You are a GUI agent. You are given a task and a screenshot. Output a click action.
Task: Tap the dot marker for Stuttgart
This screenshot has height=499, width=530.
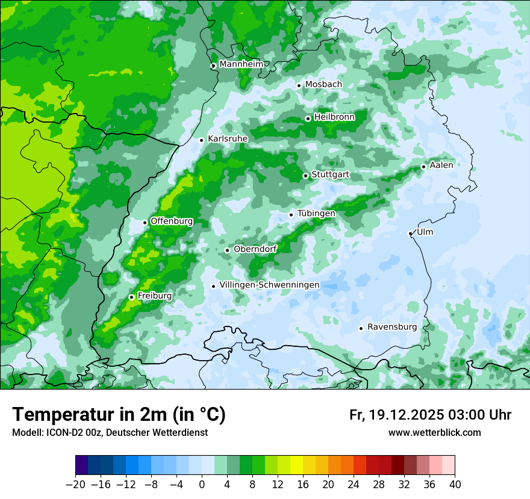coord(305,176)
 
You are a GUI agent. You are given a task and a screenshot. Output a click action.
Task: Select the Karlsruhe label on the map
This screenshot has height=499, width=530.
coord(228,139)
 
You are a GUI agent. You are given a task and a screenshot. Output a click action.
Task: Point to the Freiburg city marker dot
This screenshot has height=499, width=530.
coord(131,297)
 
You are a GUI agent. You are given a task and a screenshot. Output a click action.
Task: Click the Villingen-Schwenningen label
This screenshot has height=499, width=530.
coord(269,285)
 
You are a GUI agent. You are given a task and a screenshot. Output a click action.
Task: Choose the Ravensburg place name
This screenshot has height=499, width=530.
coord(392,327)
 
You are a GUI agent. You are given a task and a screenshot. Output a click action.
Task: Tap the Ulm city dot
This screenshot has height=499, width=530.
coord(410,233)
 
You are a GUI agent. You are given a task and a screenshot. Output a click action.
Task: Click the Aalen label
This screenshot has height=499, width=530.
coord(441,165)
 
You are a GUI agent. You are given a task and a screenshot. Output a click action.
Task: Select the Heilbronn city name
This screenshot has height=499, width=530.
coord(334,117)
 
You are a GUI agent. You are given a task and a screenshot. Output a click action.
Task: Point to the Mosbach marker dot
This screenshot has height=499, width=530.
coord(299,85)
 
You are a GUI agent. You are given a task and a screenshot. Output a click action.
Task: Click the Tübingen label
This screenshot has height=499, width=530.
coord(316,213)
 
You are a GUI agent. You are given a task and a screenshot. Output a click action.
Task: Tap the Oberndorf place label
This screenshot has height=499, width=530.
coord(255,249)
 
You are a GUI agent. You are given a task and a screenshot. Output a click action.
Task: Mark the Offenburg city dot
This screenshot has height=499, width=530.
coord(145,222)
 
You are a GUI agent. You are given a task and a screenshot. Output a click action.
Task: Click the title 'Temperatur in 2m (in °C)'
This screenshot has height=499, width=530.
coord(119,414)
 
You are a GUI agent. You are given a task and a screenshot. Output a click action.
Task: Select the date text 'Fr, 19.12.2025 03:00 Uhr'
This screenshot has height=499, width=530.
coord(430,415)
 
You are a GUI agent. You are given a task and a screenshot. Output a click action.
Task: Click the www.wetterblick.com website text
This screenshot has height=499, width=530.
coord(434,432)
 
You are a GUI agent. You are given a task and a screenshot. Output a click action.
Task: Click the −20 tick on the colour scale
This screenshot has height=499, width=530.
coord(75,484)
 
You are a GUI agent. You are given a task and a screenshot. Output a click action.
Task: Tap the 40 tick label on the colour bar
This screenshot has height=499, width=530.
coord(455,484)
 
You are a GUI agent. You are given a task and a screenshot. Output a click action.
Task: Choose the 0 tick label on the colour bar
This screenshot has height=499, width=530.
coord(202,484)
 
